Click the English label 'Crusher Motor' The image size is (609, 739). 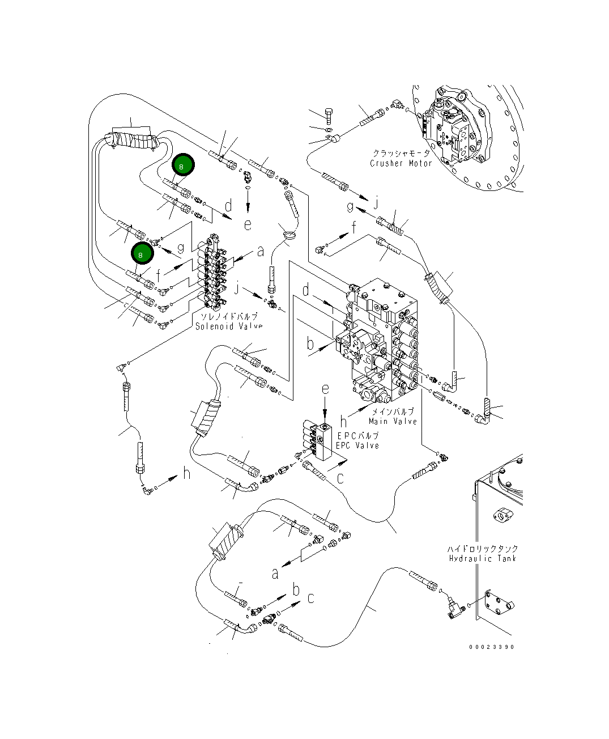click(401, 163)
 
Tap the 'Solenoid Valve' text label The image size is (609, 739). click(229, 326)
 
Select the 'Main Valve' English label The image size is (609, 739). click(393, 421)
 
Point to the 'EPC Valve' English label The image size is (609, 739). click(357, 445)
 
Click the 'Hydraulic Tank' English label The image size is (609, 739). click(483, 558)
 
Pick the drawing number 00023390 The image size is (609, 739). click(492, 647)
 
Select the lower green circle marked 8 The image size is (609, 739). click(142, 254)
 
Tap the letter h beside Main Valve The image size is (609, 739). click(343, 422)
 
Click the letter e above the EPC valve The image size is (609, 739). click(325, 389)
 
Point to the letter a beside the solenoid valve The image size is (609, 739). click(260, 250)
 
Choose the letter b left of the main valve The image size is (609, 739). click(310, 343)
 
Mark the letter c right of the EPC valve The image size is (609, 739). click(340, 478)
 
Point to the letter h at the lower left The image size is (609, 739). click(186, 474)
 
